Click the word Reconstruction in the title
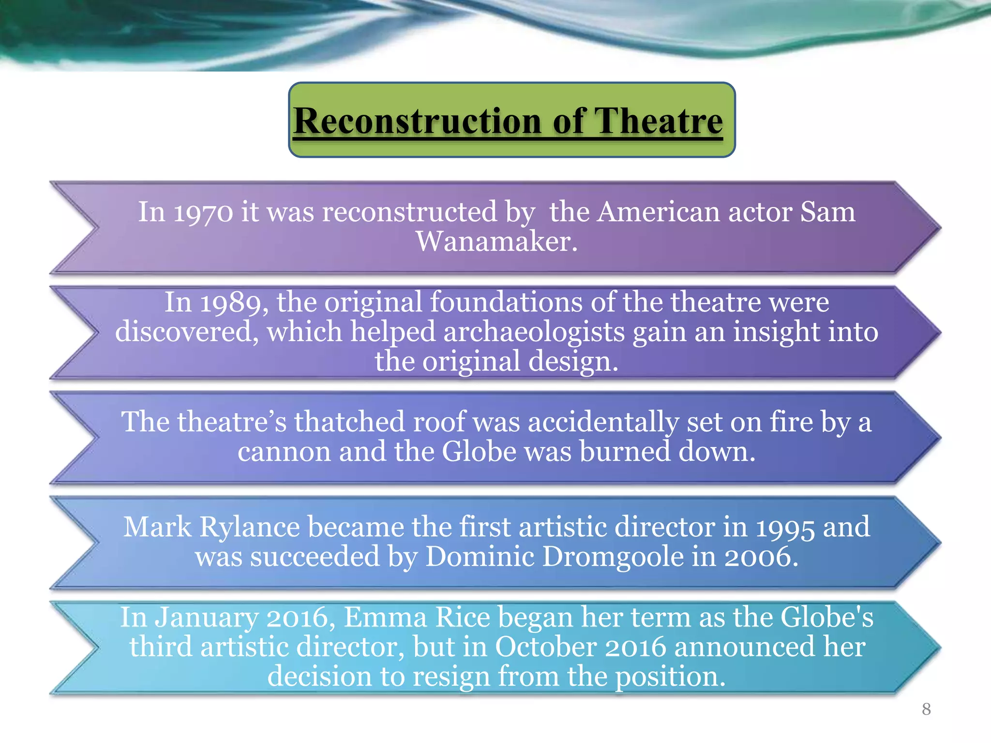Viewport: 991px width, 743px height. tap(418, 121)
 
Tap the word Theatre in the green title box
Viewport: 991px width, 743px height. tap(658, 121)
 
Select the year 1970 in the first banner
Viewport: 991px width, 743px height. tap(203, 212)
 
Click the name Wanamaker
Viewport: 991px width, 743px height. tap(496, 241)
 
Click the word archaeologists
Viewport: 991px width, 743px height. tap(534, 333)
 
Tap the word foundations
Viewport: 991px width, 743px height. tap(506, 302)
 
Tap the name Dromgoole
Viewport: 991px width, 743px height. tap(613, 557)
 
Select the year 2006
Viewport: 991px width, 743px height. tap(761, 557)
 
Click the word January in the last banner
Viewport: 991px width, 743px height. tap(207, 618)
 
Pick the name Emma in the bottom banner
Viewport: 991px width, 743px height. tap(385, 618)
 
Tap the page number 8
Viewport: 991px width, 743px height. tap(926, 709)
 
